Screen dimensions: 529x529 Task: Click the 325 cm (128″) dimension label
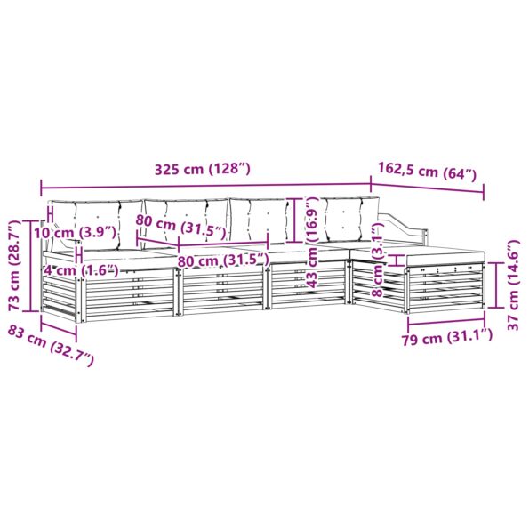203,169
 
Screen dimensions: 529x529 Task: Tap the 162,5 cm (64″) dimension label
427,171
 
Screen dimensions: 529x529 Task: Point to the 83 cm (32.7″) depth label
51,345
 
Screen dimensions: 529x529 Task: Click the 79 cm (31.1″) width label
446,337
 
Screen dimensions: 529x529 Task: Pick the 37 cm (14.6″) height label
513,285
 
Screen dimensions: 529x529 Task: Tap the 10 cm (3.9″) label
76,232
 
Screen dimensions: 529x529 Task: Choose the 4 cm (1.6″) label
81,270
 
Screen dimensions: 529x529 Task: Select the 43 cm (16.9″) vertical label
312,242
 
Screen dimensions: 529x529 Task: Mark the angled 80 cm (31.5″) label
180,225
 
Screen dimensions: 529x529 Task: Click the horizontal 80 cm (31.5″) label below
223,260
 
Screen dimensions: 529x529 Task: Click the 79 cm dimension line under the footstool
446,320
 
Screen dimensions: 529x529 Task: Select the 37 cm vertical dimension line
497,285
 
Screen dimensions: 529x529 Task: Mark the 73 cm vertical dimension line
31,266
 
